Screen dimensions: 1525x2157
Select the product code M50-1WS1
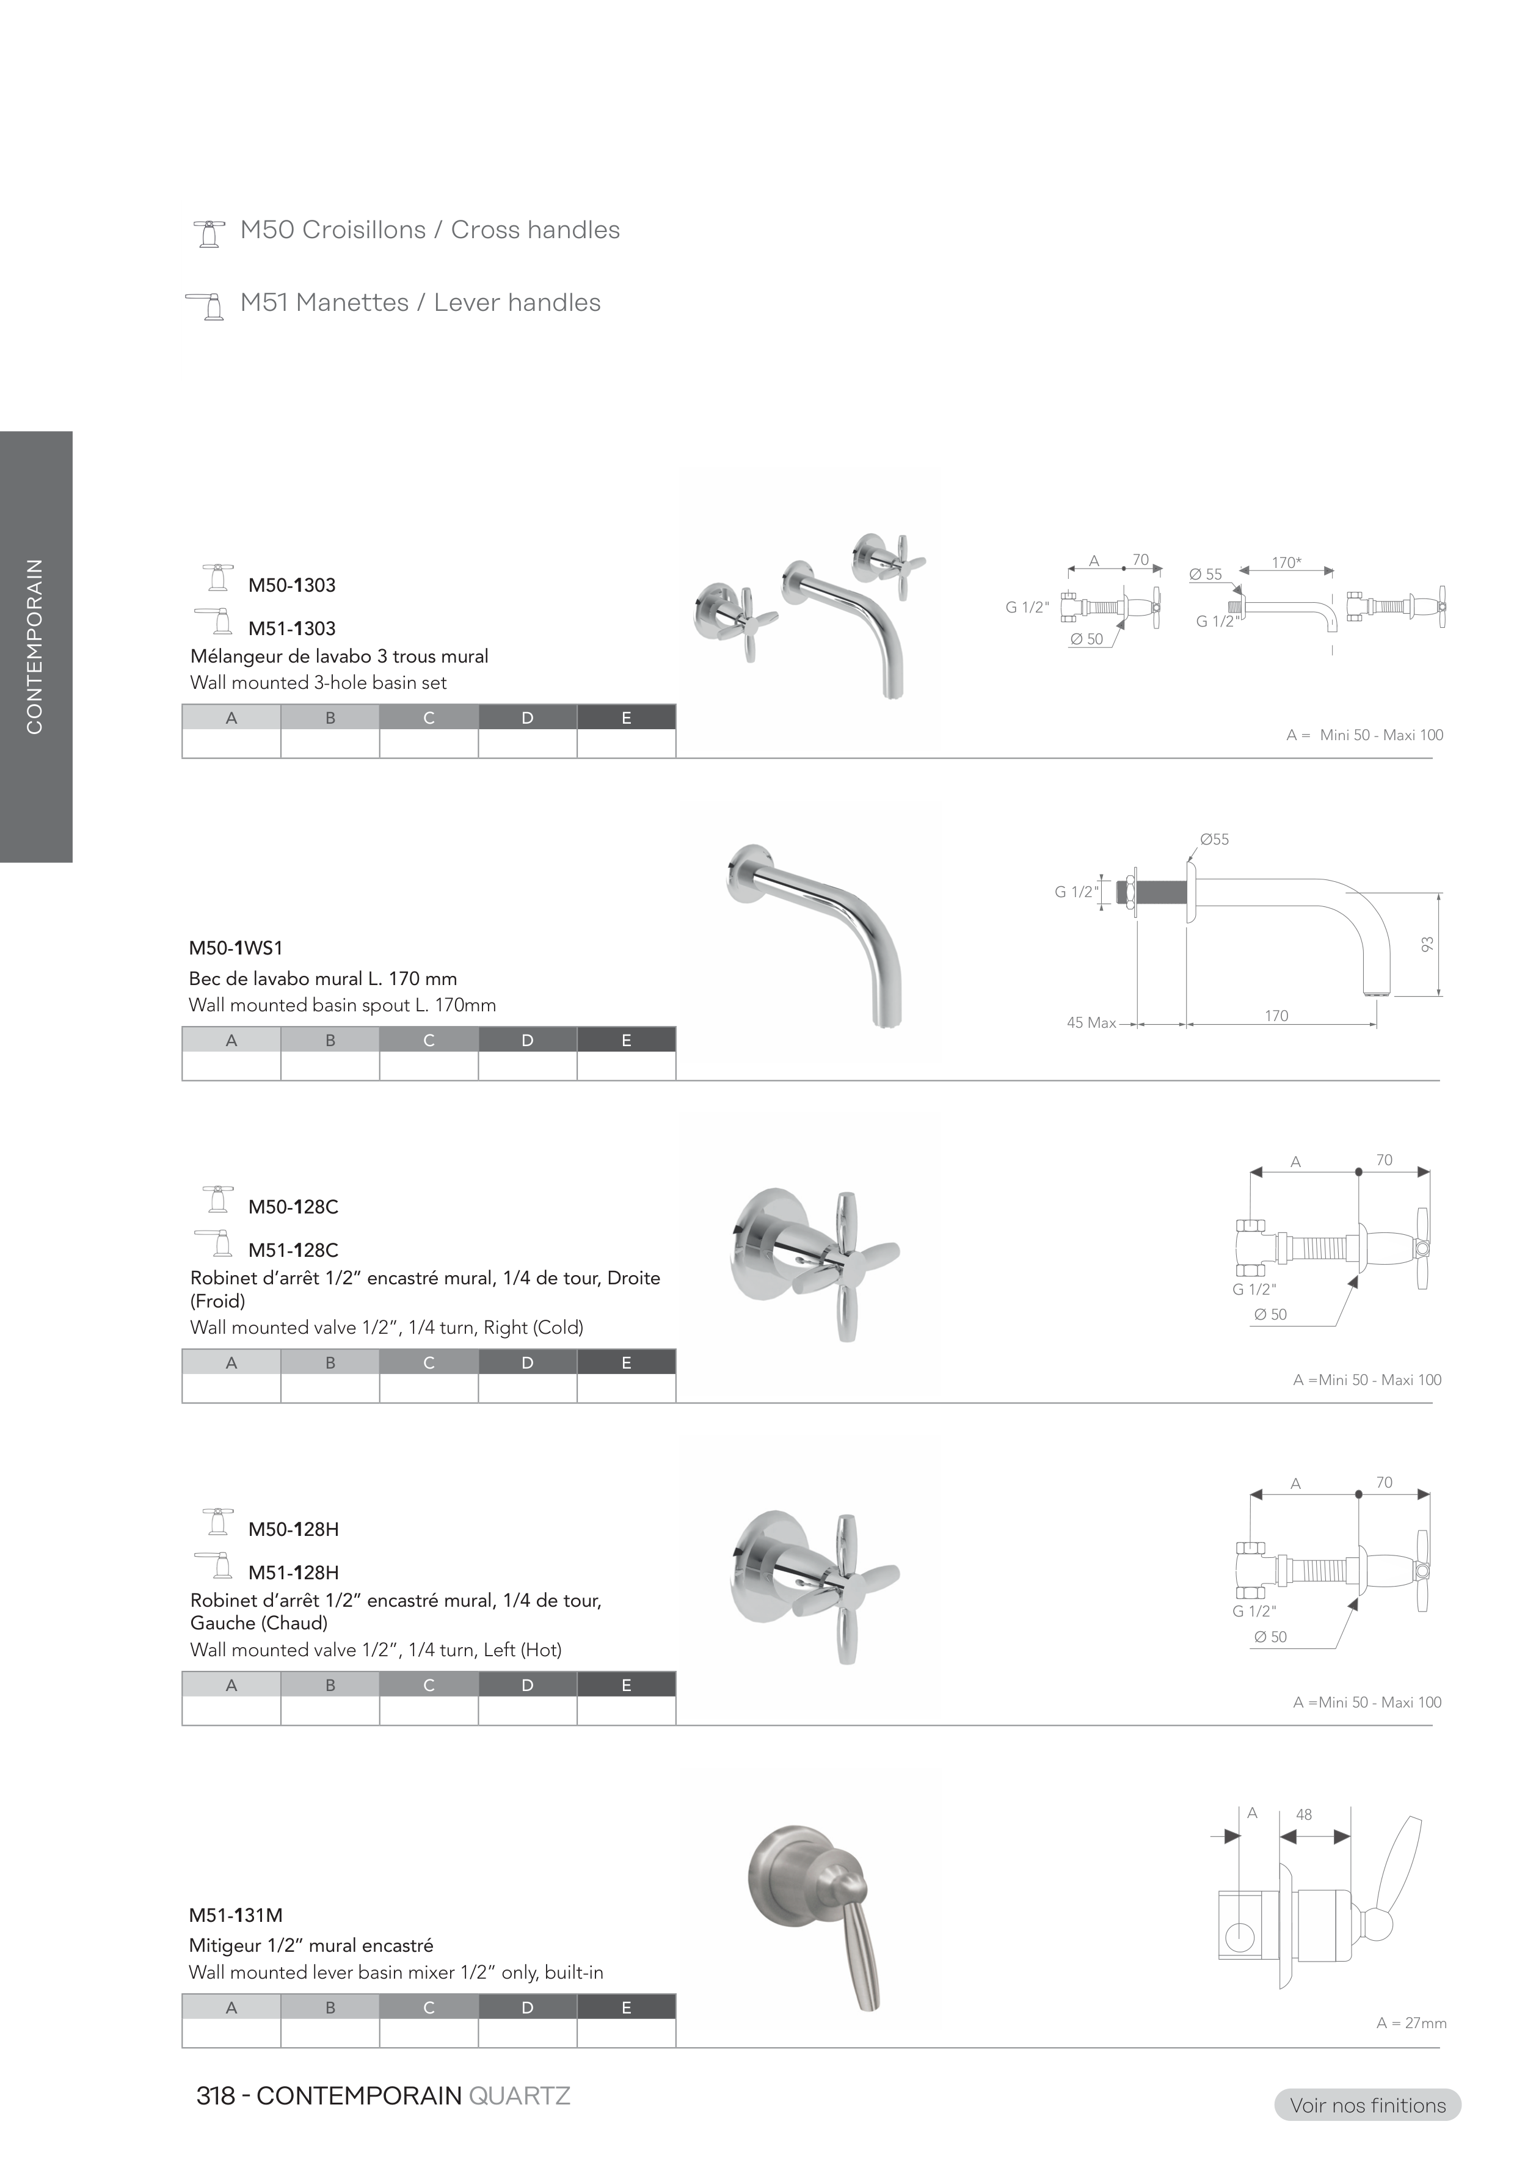point(236,948)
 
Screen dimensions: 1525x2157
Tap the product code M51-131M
point(236,1915)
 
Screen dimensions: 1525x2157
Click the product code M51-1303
point(291,628)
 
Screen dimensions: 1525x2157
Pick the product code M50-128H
point(293,1529)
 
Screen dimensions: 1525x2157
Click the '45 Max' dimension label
point(1091,1022)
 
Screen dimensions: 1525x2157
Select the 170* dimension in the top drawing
point(1286,562)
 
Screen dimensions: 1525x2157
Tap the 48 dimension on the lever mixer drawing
point(1303,1815)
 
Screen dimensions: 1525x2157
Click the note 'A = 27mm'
point(1411,2023)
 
